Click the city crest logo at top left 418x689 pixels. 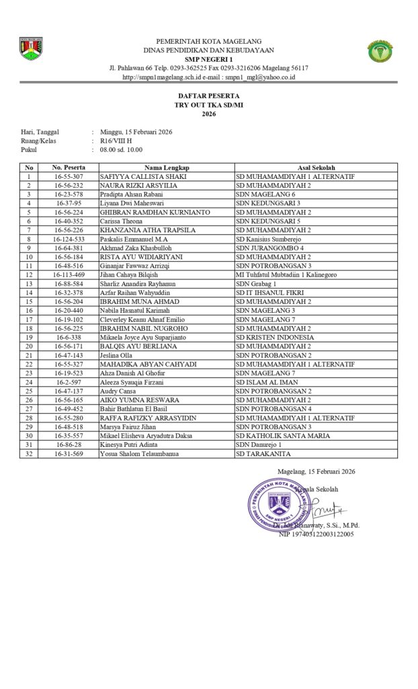pos(31,49)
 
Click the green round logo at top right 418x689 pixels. pos(380,51)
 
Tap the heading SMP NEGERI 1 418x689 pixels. pos(208,59)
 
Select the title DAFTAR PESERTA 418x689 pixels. pos(208,97)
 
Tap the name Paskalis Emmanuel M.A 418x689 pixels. pos(134,239)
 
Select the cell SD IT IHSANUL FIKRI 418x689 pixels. pos(270,293)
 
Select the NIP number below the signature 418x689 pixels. pos(317,534)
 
